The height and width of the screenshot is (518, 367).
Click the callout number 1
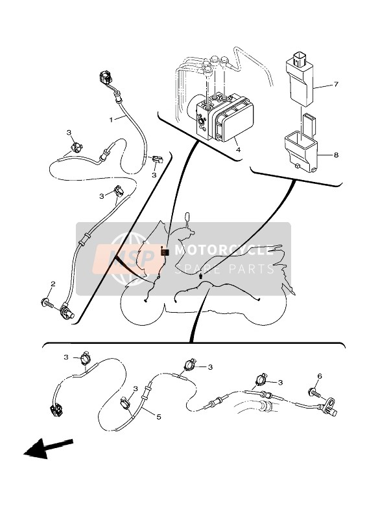tap(111, 119)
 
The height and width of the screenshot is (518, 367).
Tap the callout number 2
tap(53, 284)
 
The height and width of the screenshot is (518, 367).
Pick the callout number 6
tap(320, 376)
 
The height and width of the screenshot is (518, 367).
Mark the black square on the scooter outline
tap(164, 252)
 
